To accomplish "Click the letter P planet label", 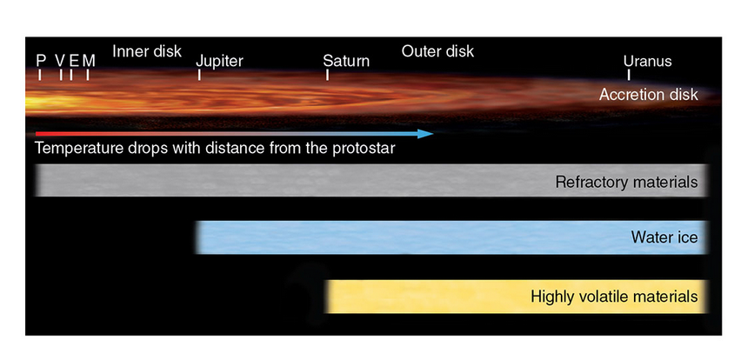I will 40,60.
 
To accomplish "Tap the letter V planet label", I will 60,60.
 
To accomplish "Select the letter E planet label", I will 74,60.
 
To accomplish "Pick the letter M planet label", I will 88,60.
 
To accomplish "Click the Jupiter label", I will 219,61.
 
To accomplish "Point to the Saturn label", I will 346,61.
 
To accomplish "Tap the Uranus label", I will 647,61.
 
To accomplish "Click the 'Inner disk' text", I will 147,50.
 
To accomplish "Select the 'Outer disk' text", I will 437,50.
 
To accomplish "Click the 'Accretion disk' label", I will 648,94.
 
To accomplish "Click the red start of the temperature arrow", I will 40,134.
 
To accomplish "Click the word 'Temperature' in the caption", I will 77,148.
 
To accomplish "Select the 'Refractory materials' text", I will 626,183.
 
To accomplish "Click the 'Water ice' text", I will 664,237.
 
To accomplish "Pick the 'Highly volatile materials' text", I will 614,297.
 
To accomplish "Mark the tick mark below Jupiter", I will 199,75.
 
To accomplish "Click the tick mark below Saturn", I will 327,75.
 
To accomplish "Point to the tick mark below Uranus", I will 628,75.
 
